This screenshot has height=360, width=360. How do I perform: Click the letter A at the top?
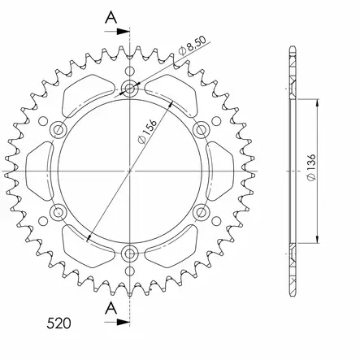111,17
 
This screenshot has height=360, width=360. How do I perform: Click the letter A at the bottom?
111,306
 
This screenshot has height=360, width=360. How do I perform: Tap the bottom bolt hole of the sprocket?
130,254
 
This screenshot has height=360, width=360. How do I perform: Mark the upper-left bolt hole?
58,129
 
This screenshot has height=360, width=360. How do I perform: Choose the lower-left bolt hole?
58,213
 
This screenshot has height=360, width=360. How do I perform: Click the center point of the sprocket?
130,171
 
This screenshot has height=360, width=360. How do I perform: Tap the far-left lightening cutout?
40,171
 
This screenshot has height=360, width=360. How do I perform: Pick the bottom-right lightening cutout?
175,249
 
